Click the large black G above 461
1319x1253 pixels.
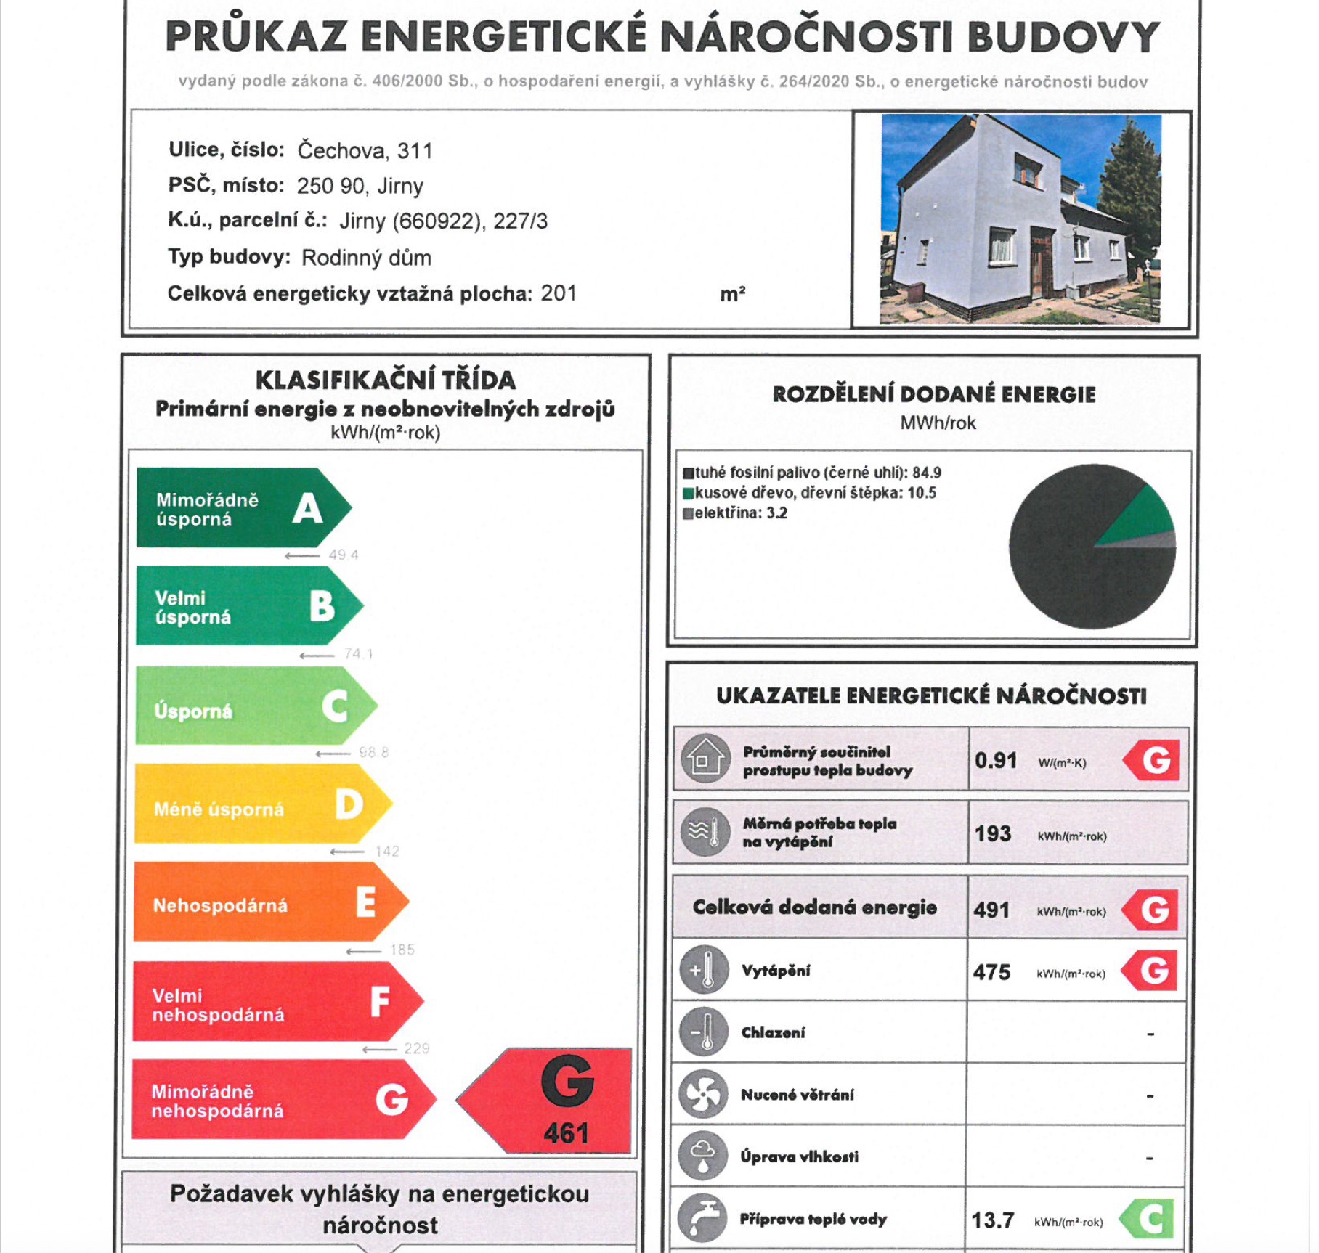[567, 1082]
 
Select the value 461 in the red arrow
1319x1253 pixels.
[566, 1133]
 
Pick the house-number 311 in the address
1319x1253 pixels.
[415, 151]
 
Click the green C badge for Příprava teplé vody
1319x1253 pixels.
[1150, 1220]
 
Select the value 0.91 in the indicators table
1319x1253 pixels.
[996, 761]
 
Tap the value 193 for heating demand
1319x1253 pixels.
[993, 833]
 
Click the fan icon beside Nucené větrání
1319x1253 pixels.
[702, 1094]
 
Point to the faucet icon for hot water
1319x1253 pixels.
[702, 1218]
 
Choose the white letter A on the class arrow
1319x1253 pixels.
[308, 508]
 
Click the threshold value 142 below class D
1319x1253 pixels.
[387, 851]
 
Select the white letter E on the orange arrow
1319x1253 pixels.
[366, 902]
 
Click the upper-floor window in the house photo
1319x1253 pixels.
[1027, 172]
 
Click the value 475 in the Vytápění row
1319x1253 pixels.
[991, 972]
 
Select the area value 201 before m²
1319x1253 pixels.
[559, 293]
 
